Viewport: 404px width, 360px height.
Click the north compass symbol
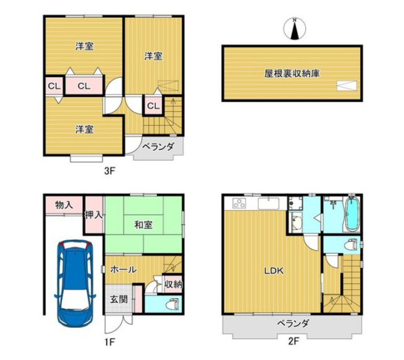(295, 28)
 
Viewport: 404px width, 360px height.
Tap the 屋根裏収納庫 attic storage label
(292, 73)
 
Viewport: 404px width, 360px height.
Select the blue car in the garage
(75, 283)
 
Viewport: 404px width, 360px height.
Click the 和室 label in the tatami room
(143, 225)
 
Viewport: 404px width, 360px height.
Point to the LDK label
(274, 270)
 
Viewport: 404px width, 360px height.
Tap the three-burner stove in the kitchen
(239, 203)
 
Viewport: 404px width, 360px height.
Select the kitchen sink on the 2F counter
(269, 203)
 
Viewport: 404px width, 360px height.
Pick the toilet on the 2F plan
(351, 244)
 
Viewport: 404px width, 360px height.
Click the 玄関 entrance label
(119, 299)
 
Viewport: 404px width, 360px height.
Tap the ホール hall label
(124, 270)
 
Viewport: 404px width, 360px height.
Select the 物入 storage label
(64, 205)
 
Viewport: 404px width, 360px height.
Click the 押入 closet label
(94, 215)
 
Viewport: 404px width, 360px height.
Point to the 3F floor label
(109, 171)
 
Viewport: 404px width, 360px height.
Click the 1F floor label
(109, 342)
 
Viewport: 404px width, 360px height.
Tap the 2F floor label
(293, 341)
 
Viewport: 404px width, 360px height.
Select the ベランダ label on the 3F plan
(158, 147)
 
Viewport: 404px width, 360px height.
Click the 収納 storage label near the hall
(174, 285)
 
